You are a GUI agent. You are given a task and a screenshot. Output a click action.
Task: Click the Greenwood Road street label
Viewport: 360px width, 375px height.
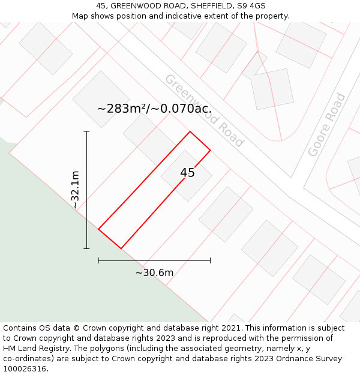[x=204, y=111]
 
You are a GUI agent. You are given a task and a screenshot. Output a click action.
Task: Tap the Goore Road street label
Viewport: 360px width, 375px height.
[x=327, y=125]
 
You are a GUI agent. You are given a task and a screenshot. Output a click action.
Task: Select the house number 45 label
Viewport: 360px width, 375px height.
[x=187, y=173]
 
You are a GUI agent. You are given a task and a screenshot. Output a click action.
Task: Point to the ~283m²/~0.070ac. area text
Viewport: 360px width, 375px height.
[x=154, y=109]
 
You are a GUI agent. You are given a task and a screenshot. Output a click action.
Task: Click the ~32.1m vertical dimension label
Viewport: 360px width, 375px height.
[x=75, y=190]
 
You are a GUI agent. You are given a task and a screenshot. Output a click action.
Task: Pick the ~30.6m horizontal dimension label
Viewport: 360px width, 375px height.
[x=154, y=273]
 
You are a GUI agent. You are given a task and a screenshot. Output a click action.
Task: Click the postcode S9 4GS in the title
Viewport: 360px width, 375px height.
[x=250, y=6]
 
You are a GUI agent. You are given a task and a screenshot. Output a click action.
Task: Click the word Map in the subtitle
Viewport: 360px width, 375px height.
[x=80, y=16]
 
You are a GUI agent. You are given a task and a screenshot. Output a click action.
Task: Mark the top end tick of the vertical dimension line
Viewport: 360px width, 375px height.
[x=86, y=131]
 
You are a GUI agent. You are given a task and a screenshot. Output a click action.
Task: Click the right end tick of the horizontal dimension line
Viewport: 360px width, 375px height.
[x=210, y=260]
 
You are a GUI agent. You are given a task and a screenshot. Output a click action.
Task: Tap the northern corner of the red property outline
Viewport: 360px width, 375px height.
[x=190, y=131]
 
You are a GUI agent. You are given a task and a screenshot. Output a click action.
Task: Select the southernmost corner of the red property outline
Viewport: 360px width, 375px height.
[x=121, y=248]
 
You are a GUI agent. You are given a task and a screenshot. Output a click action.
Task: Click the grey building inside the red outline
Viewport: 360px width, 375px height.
[x=186, y=176]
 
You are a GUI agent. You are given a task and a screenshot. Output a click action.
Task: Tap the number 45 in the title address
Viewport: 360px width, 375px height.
[x=101, y=6]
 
